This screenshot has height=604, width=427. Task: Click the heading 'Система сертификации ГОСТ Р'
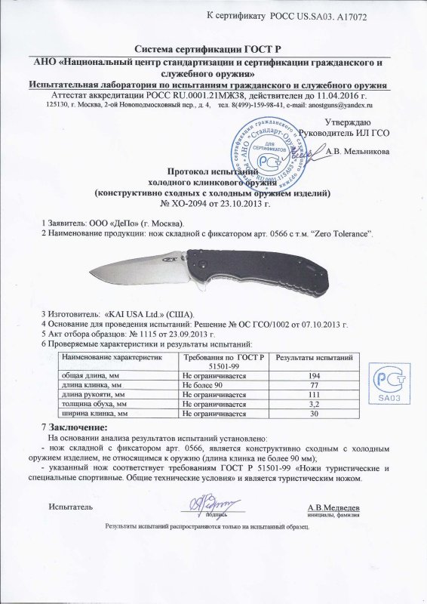pyautogui.click(x=213, y=48)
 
